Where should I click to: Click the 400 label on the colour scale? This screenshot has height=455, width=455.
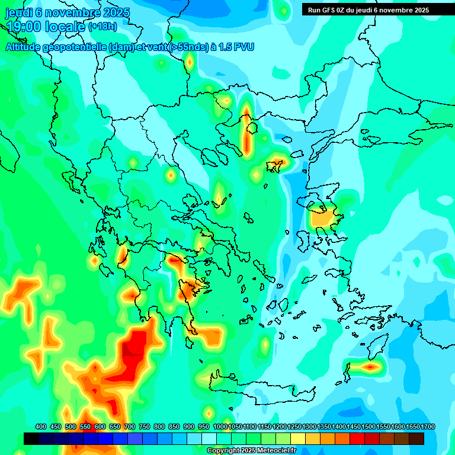click(41, 427)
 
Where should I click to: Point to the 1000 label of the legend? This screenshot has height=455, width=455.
click(220, 427)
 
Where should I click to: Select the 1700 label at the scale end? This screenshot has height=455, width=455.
click(428, 427)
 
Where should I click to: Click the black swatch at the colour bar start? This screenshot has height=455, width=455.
click(31, 438)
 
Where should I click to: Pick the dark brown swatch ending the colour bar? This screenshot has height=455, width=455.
click(416, 438)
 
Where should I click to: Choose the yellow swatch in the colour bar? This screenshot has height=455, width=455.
click(298, 438)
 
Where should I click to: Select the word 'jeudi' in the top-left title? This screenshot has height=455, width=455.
click(20, 12)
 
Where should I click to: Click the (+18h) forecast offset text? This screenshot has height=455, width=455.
click(102, 27)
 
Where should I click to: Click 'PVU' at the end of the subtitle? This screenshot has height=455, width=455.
click(243, 47)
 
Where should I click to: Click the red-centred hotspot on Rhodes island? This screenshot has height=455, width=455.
click(370, 367)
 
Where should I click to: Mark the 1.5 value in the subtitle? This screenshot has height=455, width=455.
click(225, 47)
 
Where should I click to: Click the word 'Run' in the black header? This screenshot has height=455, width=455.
click(313, 9)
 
